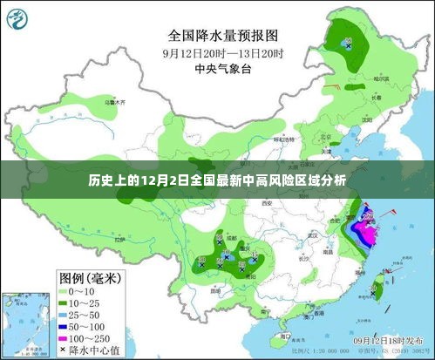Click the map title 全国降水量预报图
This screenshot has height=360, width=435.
(223, 37)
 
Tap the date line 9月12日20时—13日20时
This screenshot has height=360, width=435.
(223, 52)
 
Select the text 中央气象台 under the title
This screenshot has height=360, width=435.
(223, 67)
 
